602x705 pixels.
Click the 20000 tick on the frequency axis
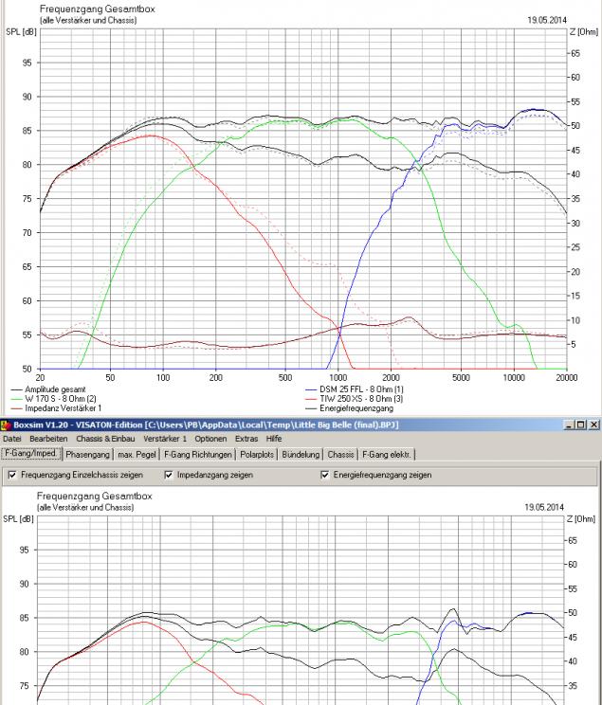567,376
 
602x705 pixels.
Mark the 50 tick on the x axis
111,376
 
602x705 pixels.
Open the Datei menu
11,439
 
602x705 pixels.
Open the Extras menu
246,439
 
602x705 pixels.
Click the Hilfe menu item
274,439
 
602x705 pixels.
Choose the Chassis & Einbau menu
102,439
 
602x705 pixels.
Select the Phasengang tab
89,454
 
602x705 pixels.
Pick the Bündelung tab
301,454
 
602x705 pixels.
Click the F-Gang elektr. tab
388,454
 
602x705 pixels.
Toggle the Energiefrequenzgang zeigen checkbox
326,475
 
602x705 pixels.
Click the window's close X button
593,425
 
